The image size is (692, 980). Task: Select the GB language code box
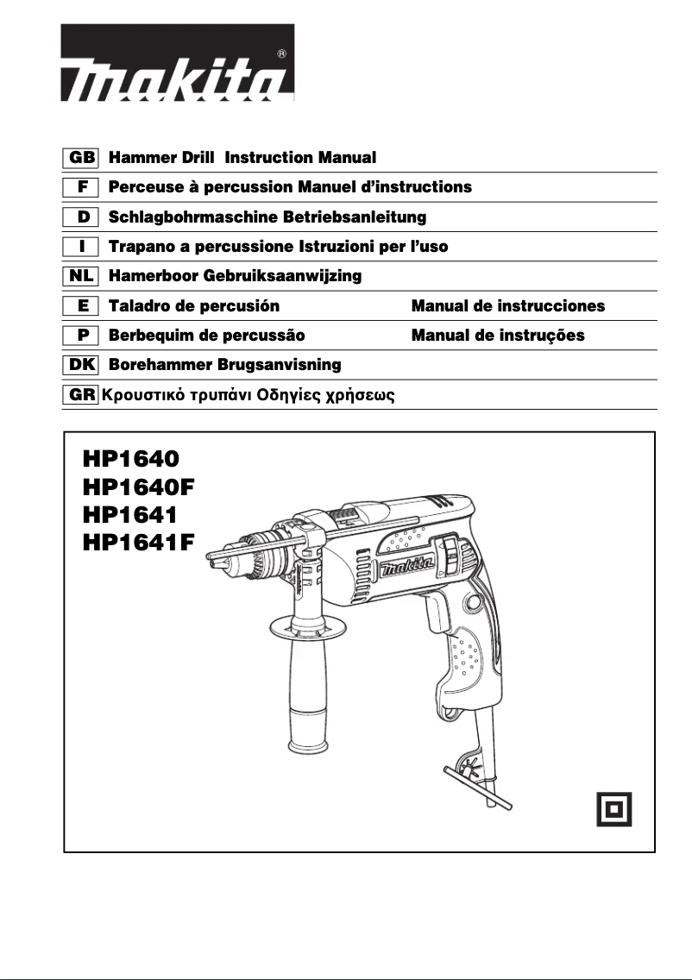tap(82, 159)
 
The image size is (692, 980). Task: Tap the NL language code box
tap(82, 276)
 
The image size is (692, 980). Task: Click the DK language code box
tap(82, 365)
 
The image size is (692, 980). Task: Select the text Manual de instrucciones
tap(508, 306)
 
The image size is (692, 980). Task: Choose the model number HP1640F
tap(138, 486)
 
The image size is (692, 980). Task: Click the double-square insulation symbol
tap(615, 808)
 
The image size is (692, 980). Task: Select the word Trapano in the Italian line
tap(140, 247)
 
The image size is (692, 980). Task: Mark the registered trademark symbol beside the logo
tap(282, 53)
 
